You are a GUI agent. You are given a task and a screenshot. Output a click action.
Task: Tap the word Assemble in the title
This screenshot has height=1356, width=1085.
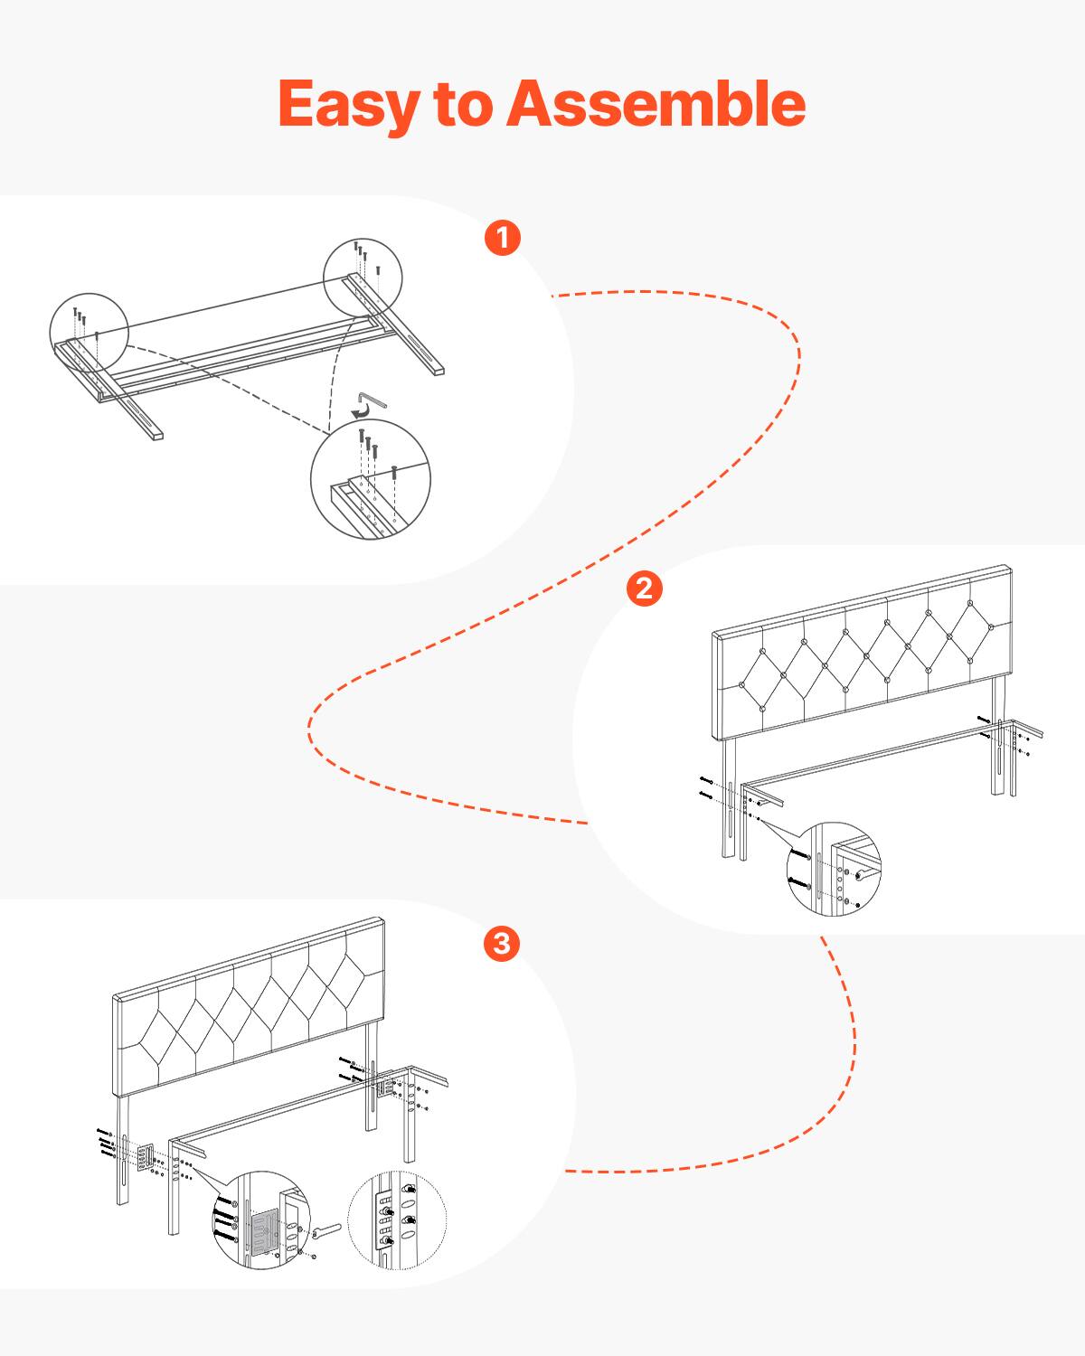pyautogui.click(x=655, y=103)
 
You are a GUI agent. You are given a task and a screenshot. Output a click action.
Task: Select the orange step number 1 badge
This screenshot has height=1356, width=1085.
pyautogui.click(x=503, y=238)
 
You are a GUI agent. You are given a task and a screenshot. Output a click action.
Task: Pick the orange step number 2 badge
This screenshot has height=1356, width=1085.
pyautogui.click(x=644, y=589)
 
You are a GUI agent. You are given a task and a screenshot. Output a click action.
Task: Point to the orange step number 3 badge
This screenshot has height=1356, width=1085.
pyautogui.click(x=502, y=944)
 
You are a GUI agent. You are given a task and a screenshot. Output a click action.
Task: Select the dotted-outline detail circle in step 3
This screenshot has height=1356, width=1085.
pyautogui.click(x=398, y=1220)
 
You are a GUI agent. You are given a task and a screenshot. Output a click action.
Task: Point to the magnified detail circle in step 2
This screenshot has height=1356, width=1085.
pyautogui.click(x=834, y=870)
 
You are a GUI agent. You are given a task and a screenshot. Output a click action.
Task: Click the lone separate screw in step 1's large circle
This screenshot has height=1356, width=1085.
pyautogui.click(x=395, y=471)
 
